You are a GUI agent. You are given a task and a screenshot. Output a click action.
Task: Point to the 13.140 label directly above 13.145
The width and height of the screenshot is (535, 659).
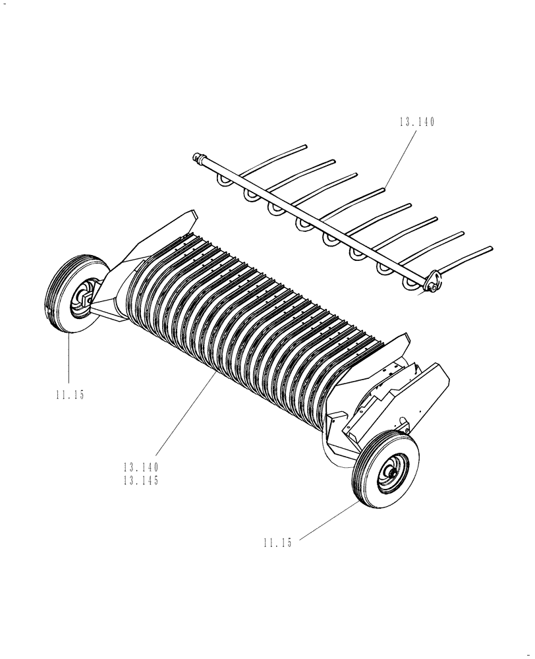(x=141, y=467)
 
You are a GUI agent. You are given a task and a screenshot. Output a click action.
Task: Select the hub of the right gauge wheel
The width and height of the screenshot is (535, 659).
(x=393, y=470)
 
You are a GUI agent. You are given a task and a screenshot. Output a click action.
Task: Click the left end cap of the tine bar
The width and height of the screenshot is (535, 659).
(x=196, y=158)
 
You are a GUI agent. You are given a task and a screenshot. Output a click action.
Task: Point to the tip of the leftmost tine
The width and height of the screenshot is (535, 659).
(x=306, y=147)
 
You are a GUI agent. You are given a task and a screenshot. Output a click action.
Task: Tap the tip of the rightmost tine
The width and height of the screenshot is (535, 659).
(x=491, y=248)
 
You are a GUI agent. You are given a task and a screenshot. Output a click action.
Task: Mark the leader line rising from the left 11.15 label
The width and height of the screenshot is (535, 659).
(x=68, y=359)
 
